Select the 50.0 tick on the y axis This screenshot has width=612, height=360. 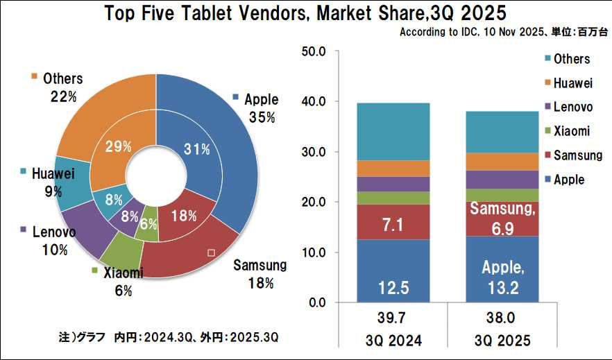point(316,51)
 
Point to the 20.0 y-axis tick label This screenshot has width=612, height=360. point(316,202)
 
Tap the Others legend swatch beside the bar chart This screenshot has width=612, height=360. point(547,59)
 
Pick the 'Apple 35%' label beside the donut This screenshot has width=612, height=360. point(261,108)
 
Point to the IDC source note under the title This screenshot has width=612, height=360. point(505,32)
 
